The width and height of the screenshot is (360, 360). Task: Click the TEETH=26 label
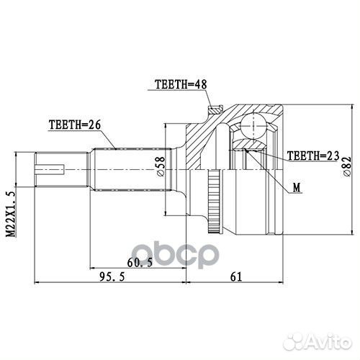tap(73, 124)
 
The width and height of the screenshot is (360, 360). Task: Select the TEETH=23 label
tap(312, 155)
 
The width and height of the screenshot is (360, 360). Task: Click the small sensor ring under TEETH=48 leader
tap(212, 112)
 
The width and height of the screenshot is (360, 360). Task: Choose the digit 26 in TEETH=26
tap(91, 124)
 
